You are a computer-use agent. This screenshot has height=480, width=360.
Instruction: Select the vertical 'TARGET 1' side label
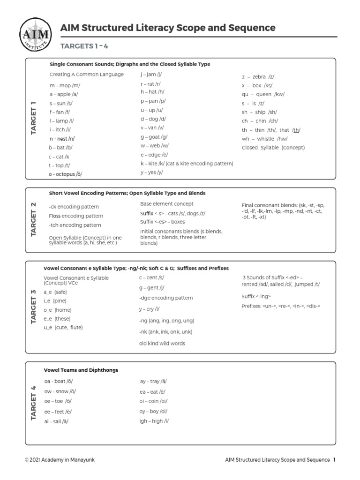pyautogui.click(x=33, y=118)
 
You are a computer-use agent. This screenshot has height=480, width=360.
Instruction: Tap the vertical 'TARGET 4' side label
pyautogui.click(x=33, y=403)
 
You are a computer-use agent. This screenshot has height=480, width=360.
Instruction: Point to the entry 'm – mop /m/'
pyautogui.click(x=65, y=85)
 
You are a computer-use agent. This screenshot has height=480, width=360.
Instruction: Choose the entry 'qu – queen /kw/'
pyautogui.click(x=263, y=94)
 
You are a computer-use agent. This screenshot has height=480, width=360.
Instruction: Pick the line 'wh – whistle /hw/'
pyautogui.click(x=264, y=139)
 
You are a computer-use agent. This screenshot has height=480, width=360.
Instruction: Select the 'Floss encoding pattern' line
pyautogui.click(x=75, y=216)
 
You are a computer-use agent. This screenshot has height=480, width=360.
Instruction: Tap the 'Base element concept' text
pyautogui.click(x=166, y=204)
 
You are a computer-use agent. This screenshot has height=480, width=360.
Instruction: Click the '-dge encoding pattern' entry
pyautogui.click(x=165, y=298)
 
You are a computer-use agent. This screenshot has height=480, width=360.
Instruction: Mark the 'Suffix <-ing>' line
pyautogui.click(x=256, y=296)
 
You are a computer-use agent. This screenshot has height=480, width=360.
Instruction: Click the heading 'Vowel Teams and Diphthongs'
pyautogui.click(x=81, y=370)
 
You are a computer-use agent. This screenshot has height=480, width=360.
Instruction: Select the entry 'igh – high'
pyautogui.click(x=154, y=421)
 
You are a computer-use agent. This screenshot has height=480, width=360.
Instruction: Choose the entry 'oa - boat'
pyautogui.click(x=59, y=382)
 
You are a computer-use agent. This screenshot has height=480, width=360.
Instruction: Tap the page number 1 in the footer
pyautogui.click(x=334, y=460)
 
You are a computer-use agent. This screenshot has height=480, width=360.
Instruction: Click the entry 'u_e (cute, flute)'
pyautogui.click(x=63, y=328)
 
